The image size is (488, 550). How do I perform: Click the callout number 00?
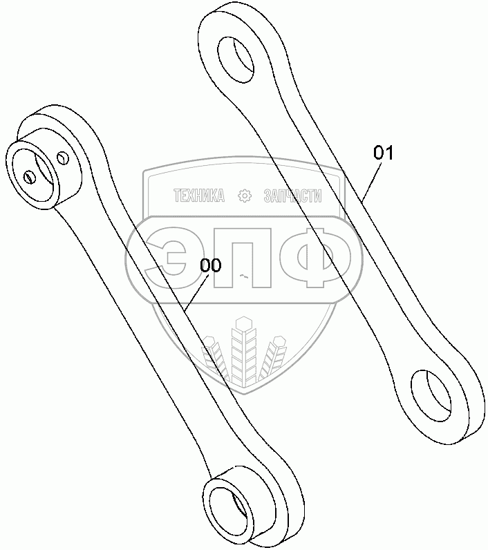click(211, 265)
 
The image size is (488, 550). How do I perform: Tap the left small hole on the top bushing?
click(29, 177)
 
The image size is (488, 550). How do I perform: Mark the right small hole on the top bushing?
click(63, 158)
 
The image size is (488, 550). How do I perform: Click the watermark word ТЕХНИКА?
click(199, 196)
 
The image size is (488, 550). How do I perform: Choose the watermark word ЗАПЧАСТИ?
click(292, 196)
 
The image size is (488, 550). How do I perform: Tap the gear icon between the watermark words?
click(244, 196)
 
